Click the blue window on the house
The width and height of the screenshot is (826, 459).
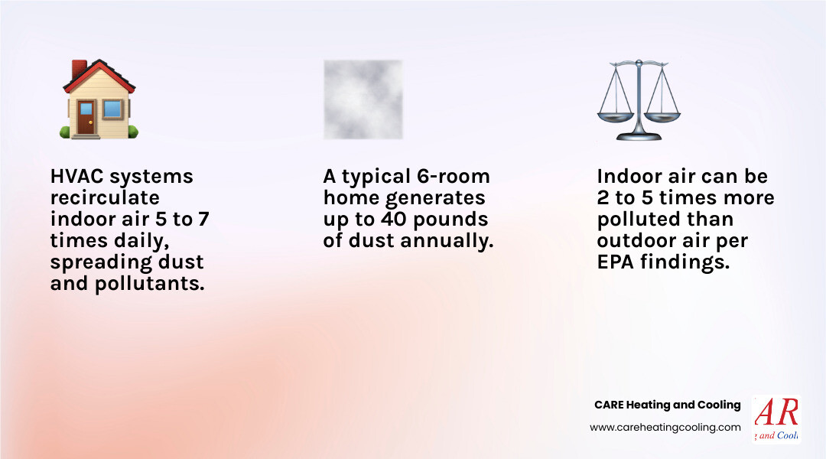(112, 109)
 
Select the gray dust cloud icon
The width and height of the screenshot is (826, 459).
(363, 99)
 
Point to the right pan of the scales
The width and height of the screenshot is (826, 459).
(662, 117)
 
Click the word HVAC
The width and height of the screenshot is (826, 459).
(77, 177)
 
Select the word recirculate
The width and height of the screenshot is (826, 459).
(105, 198)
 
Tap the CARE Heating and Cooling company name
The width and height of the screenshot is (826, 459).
(667, 405)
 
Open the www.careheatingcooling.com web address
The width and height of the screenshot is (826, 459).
(665, 428)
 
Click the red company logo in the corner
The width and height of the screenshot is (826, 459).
(776, 419)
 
